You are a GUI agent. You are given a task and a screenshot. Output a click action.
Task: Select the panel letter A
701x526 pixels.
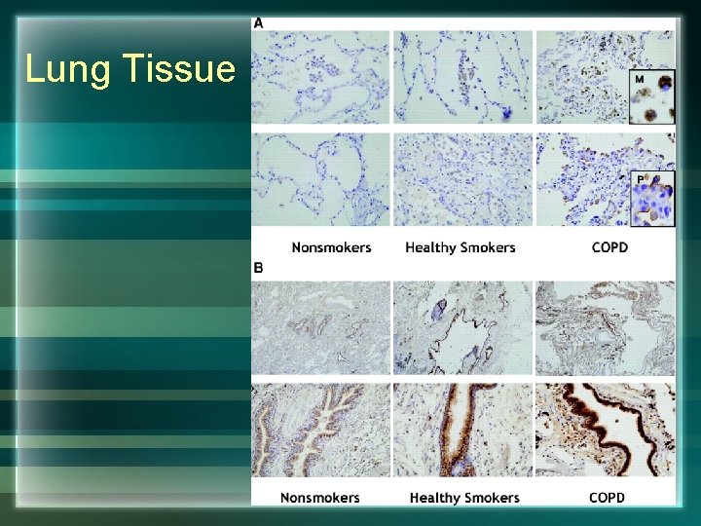pos(258,22)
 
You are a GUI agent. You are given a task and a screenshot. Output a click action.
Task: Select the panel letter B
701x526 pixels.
pos(258,267)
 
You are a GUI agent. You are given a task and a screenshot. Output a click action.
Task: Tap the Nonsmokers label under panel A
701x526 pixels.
pos(331,247)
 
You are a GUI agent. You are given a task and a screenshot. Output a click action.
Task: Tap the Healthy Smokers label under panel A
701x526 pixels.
pos(461,247)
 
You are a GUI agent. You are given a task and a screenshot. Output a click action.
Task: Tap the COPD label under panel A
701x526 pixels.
pos(609,247)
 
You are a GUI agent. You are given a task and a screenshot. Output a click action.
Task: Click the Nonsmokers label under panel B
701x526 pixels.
pos(320,498)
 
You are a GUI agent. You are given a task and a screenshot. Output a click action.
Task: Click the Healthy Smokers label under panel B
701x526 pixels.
pos(464,498)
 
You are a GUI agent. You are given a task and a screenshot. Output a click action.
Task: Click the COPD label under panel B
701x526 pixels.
pos(607,498)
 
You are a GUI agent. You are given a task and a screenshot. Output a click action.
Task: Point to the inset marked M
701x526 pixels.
pos(652,97)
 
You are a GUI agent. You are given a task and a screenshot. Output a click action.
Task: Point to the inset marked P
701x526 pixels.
pos(652,200)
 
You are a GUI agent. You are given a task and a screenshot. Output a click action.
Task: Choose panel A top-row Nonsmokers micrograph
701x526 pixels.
pos(320,76)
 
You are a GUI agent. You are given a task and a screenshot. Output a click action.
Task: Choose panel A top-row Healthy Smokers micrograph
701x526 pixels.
pos(462,76)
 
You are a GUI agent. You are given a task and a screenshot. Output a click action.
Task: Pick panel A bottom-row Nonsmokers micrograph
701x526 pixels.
pos(320,180)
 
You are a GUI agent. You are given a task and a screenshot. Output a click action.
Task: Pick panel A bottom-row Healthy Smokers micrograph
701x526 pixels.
pos(462,180)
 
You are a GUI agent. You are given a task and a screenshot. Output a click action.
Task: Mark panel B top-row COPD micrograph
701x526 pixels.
pos(605,328)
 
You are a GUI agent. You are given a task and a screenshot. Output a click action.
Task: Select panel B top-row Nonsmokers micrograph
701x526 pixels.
pos(320,328)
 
